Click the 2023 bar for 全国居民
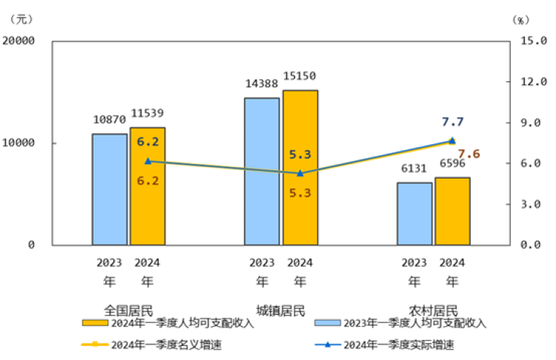(x=110, y=189)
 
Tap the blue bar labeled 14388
(x=262, y=171)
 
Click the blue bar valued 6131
(x=414, y=213)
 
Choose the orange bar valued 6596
(x=452, y=211)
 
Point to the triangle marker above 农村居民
(x=452, y=141)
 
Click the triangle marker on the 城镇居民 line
(x=300, y=173)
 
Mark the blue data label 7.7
(x=452, y=122)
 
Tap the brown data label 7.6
(x=469, y=154)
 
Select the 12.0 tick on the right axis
(x=532, y=81)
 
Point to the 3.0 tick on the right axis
(x=532, y=204)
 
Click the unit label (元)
(x=22, y=19)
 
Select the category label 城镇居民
(x=281, y=310)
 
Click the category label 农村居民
(x=434, y=310)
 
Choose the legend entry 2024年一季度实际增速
(x=389, y=344)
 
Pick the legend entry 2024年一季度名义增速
(x=156, y=344)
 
